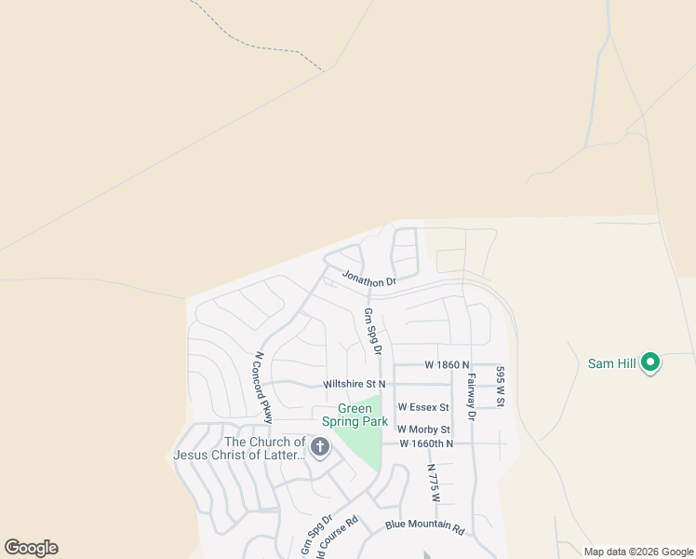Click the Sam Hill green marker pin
[x=650, y=362]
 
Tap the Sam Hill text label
[x=612, y=363]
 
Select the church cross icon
[x=320, y=448]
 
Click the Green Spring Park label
[x=355, y=416]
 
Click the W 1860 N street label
[x=448, y=364]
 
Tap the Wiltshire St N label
[x=354, y=384]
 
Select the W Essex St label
[x=423, y=407]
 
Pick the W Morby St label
[x=423, y=429]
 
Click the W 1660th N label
[x=426, y=443]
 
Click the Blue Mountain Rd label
[x=424, y=526]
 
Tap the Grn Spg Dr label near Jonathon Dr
[x=373, y=332]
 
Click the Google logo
[x=31, y=548]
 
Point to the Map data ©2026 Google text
[x=638, y=552]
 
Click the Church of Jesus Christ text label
[x=239, y=448]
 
